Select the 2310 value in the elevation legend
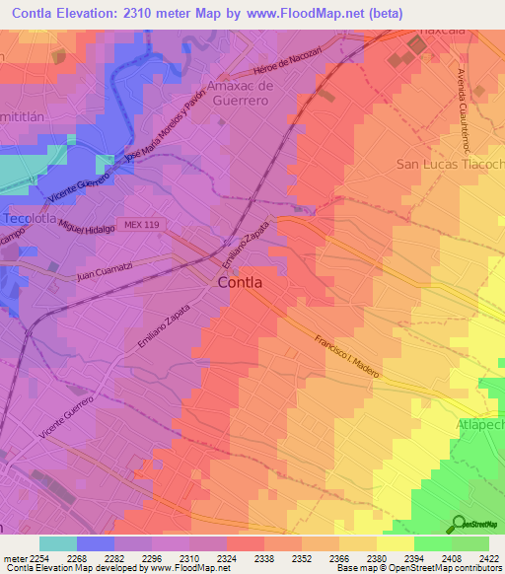pos(207,556)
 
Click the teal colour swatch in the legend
pos(57,543)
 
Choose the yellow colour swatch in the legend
pos(396,543)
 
